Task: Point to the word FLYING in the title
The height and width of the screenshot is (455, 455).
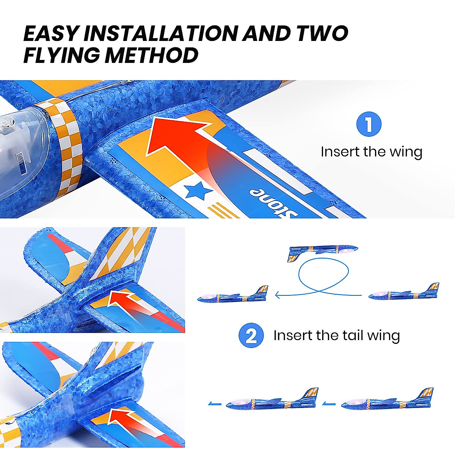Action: (x=62, y=55)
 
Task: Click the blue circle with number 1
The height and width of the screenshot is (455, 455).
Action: (x=369, y=124)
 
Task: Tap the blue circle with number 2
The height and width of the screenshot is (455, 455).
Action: (x=251, y=336)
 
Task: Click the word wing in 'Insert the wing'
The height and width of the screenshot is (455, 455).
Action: (x=406, y=152)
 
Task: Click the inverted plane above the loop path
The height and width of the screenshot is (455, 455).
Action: (x=322, y=252)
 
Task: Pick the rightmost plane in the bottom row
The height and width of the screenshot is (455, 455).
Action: (x=387, y=401)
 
